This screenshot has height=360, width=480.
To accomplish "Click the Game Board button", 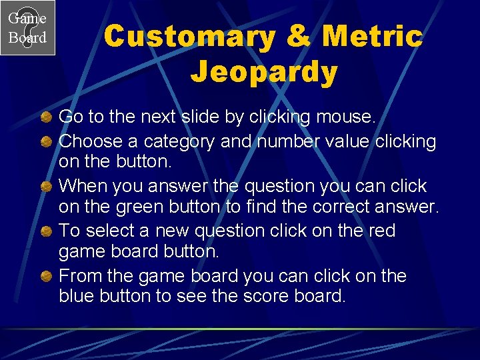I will pyautogui.click(x=27, y=27).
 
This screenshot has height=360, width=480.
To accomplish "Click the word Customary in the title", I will pyautogui.click(x=189, y=37).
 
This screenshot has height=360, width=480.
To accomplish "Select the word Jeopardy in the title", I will pyautogui.click(x=264, y=72).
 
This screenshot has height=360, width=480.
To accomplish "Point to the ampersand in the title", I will pyautogui.click(x=298, y=37).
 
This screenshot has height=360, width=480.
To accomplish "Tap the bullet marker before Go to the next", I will pyautogui.click(x=47, y=118).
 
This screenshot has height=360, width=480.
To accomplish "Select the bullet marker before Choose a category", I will pyautogui.click(x=47, y=142).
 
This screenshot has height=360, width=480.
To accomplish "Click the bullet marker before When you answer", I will pyautogui.click(x=47, y=186).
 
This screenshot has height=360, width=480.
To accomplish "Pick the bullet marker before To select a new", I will pyautogui.click(x=47, y=231).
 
